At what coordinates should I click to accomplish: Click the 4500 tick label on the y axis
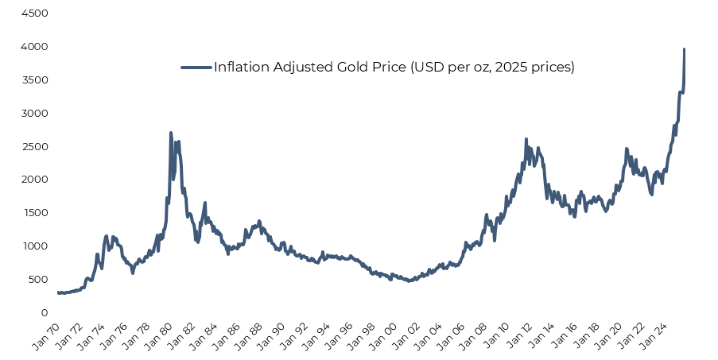pos(33,14)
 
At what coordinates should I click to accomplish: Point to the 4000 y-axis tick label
pos(33,48)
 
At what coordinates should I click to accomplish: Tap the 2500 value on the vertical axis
pos(33,147)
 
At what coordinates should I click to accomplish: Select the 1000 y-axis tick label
pos(33,246)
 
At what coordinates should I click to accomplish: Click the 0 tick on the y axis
pos(45,313)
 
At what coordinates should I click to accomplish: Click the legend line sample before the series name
pos(196,68)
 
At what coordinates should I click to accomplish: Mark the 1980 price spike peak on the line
pos(171,134)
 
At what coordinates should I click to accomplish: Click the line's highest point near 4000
pos(684,49)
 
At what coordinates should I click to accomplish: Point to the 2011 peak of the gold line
pos(526,140)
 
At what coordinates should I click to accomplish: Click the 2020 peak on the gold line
pos(627,149)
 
